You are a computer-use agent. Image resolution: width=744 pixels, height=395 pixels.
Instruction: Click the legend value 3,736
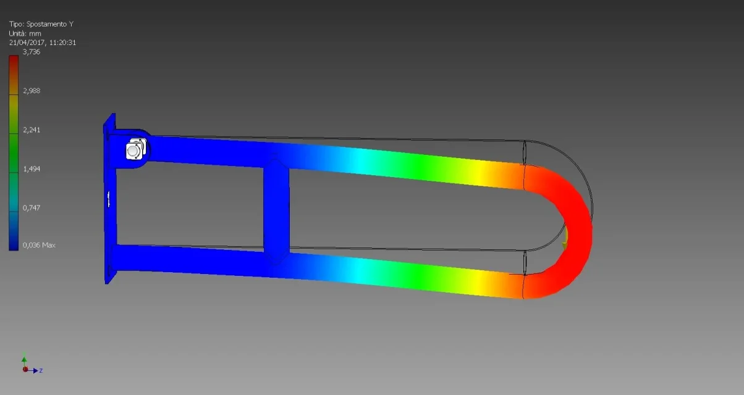(32, 52)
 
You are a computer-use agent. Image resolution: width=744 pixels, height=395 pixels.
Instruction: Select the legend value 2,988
(32, 91)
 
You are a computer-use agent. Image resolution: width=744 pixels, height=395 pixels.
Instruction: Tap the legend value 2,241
(32, 130)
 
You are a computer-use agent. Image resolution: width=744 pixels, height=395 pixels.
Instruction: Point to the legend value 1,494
(32, 169)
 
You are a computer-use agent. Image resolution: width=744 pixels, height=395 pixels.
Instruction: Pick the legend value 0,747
(32, 208)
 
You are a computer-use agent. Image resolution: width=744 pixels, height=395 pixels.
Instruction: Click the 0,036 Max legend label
(39, 245)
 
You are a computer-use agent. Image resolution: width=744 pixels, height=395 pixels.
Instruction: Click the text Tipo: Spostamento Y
(41, 24)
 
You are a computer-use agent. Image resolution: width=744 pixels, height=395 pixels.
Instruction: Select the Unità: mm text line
(25, 33)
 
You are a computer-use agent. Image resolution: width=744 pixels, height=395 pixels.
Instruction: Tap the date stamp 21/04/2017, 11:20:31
(43, 43)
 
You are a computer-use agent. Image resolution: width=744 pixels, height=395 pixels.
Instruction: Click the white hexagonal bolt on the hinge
(135, 149)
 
